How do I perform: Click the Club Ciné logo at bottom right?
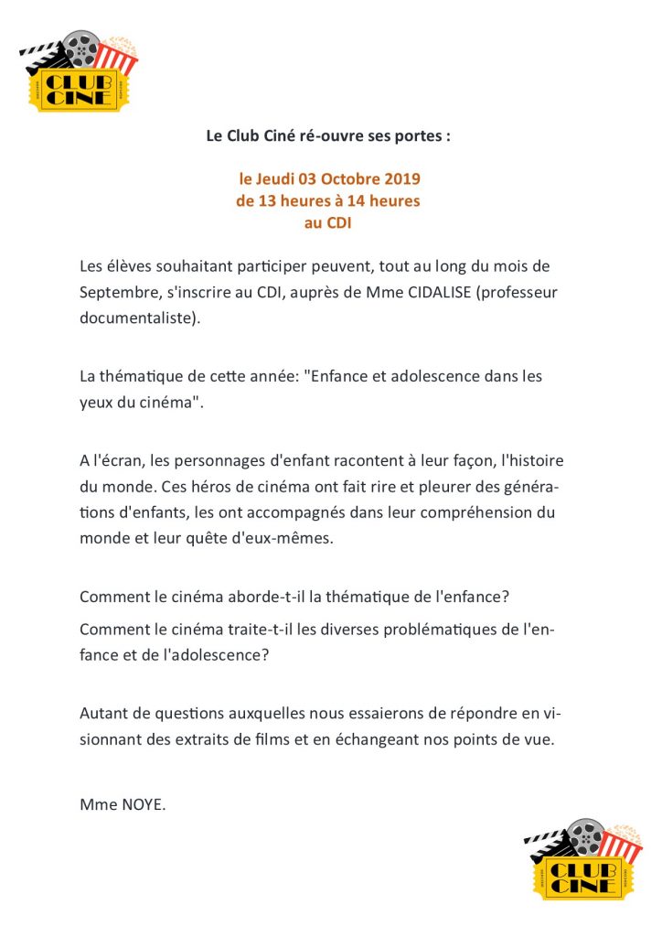click(583, 860)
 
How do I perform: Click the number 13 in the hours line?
click(265, 200)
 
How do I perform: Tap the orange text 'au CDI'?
click(328, 221)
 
